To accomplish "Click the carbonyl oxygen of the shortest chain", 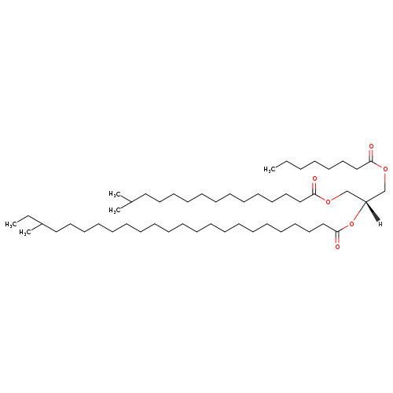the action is (371, 146).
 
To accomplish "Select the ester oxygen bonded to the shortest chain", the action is (385, 169).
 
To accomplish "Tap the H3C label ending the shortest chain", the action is (270, 169).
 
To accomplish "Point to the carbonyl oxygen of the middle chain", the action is (314, 179).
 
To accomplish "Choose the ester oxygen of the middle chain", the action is (328, 202).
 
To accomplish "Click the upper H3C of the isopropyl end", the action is (115, 194).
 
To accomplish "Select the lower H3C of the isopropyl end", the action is (115, 210).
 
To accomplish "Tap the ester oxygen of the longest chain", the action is (351, 224).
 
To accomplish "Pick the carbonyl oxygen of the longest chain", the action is (337, 247).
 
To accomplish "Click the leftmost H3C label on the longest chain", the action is (11, 224).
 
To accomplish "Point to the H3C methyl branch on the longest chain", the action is (25, 233).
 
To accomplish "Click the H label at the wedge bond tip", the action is (380, 224).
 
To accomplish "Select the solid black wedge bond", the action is (373, 211).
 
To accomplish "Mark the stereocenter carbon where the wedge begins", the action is (365, 201).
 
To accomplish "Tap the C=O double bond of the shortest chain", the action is (371, 156).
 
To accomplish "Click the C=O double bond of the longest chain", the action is (337, 237).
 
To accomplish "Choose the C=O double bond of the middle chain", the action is (314, 189).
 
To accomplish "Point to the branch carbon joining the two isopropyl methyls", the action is (130, 202).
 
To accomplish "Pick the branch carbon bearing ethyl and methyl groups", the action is (42, 224).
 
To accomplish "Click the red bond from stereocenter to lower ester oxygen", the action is (359, 211).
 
